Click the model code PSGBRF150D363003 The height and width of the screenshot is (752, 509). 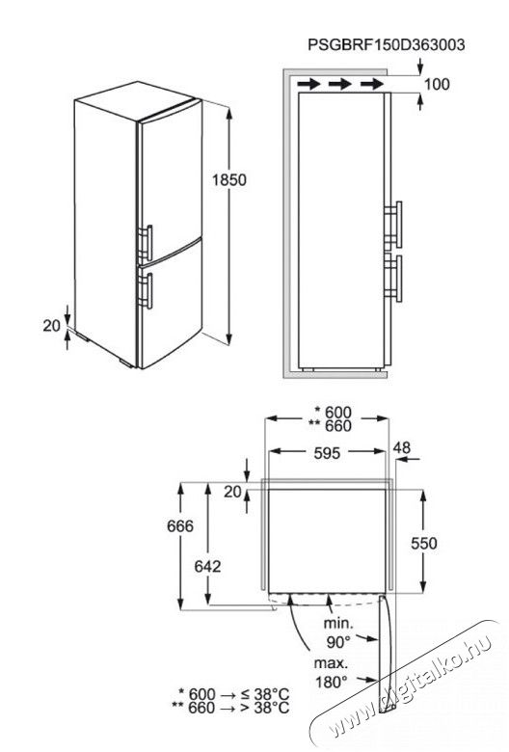(x=387, y=44)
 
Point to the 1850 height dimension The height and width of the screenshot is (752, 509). (x=228, y=180)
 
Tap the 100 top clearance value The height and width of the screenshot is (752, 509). (x=437, y=84)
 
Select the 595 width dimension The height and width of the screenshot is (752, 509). (x=327, y=453)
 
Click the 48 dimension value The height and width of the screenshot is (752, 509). (x=402, y=447)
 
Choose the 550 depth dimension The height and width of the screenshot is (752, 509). (x=424, y=543)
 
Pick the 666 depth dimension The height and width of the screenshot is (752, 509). (x=180, y=526)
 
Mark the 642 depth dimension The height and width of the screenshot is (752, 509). (x=207, y=566)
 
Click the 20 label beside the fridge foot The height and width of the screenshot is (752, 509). (x=52, y=326)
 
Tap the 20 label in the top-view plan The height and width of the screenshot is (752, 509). (x=232, y=492)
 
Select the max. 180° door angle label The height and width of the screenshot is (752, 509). (x=331, y=672)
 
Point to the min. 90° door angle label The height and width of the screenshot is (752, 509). (x=338, y=632)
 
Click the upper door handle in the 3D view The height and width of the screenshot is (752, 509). (x=147, y=243)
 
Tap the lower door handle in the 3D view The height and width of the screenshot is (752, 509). (x=147, y=290)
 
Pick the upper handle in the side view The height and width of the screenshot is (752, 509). (x=394, y=224)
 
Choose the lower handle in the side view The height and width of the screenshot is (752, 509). (x=394, y=279)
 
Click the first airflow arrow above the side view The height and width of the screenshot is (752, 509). (x=308, y=85)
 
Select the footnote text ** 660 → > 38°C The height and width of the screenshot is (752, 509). (x=230, y=707)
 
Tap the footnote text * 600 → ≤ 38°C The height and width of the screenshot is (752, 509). (x=233, y=693)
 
